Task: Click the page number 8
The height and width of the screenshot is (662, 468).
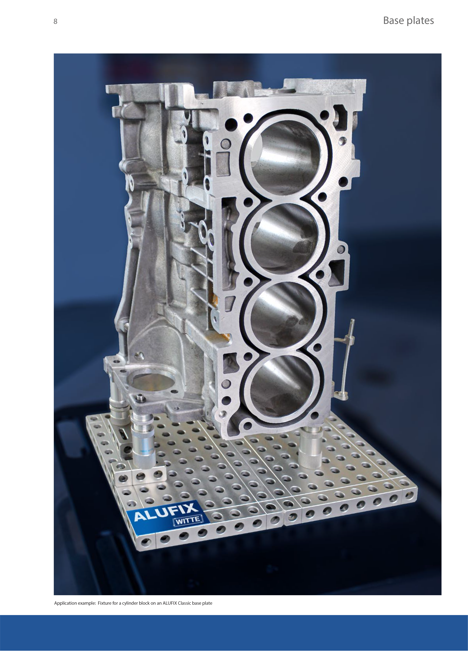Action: (x=55, y=21)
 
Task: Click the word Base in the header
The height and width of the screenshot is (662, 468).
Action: (x=393, y=21)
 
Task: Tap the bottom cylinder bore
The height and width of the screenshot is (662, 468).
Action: (x=281, y=386)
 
